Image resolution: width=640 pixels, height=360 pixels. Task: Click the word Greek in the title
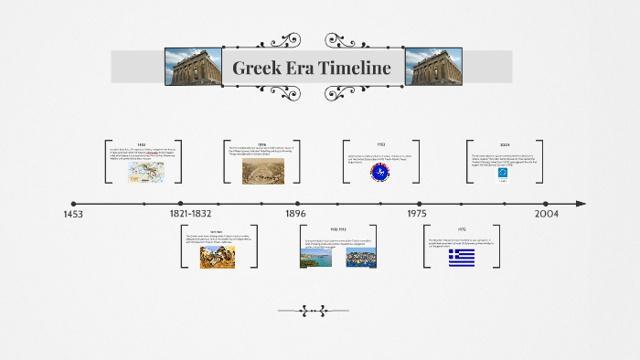click(x=259, y=68)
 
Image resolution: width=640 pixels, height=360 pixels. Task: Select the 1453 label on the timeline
click(x=74, y=213)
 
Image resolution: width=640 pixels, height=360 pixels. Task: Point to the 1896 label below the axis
click(x=295, y=213)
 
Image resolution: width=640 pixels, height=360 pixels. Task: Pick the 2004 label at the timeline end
click(x=547, y=213)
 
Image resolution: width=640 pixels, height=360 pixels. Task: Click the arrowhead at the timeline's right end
click(x=581, y=204)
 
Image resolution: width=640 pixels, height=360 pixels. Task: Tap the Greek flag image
click(x=461, y=258)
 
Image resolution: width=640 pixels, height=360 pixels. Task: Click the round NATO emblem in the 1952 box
click(x=379, y=172)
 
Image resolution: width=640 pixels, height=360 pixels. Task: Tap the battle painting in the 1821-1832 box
click(x=217, y=256)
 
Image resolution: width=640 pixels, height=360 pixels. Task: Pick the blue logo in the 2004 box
click(x=503, y=175)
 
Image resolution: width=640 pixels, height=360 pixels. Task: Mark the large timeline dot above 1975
click(x=420, y=204)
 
